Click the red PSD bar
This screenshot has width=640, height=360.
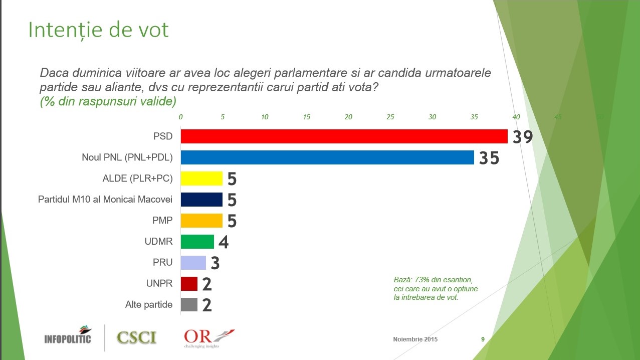click(344, 136)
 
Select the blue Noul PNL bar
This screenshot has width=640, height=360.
click(327, 157)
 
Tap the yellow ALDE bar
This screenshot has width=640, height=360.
click(201, 178)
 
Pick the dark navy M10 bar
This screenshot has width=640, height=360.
click(201, 200)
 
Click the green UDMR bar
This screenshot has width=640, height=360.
click(197, 242)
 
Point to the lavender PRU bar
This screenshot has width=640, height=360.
click(193, 263)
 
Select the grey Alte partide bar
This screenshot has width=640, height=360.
click(189, 304)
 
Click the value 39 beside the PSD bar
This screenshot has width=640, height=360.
click(522, 137)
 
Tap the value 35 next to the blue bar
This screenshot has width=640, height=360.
click(489, 158)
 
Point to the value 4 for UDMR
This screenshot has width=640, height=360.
click(224, 243)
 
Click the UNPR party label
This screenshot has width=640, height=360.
click(159, 283)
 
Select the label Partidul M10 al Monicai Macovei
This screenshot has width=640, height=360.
click(105, 200)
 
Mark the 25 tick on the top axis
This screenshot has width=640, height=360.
click(390, 117)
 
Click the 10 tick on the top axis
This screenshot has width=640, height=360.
click(264, 117)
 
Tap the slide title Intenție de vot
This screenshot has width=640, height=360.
click(98, 30)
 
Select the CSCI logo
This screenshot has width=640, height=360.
click(136, 337)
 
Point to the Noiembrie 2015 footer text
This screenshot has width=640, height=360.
click(415, 339)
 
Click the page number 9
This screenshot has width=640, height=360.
click(483, 339)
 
